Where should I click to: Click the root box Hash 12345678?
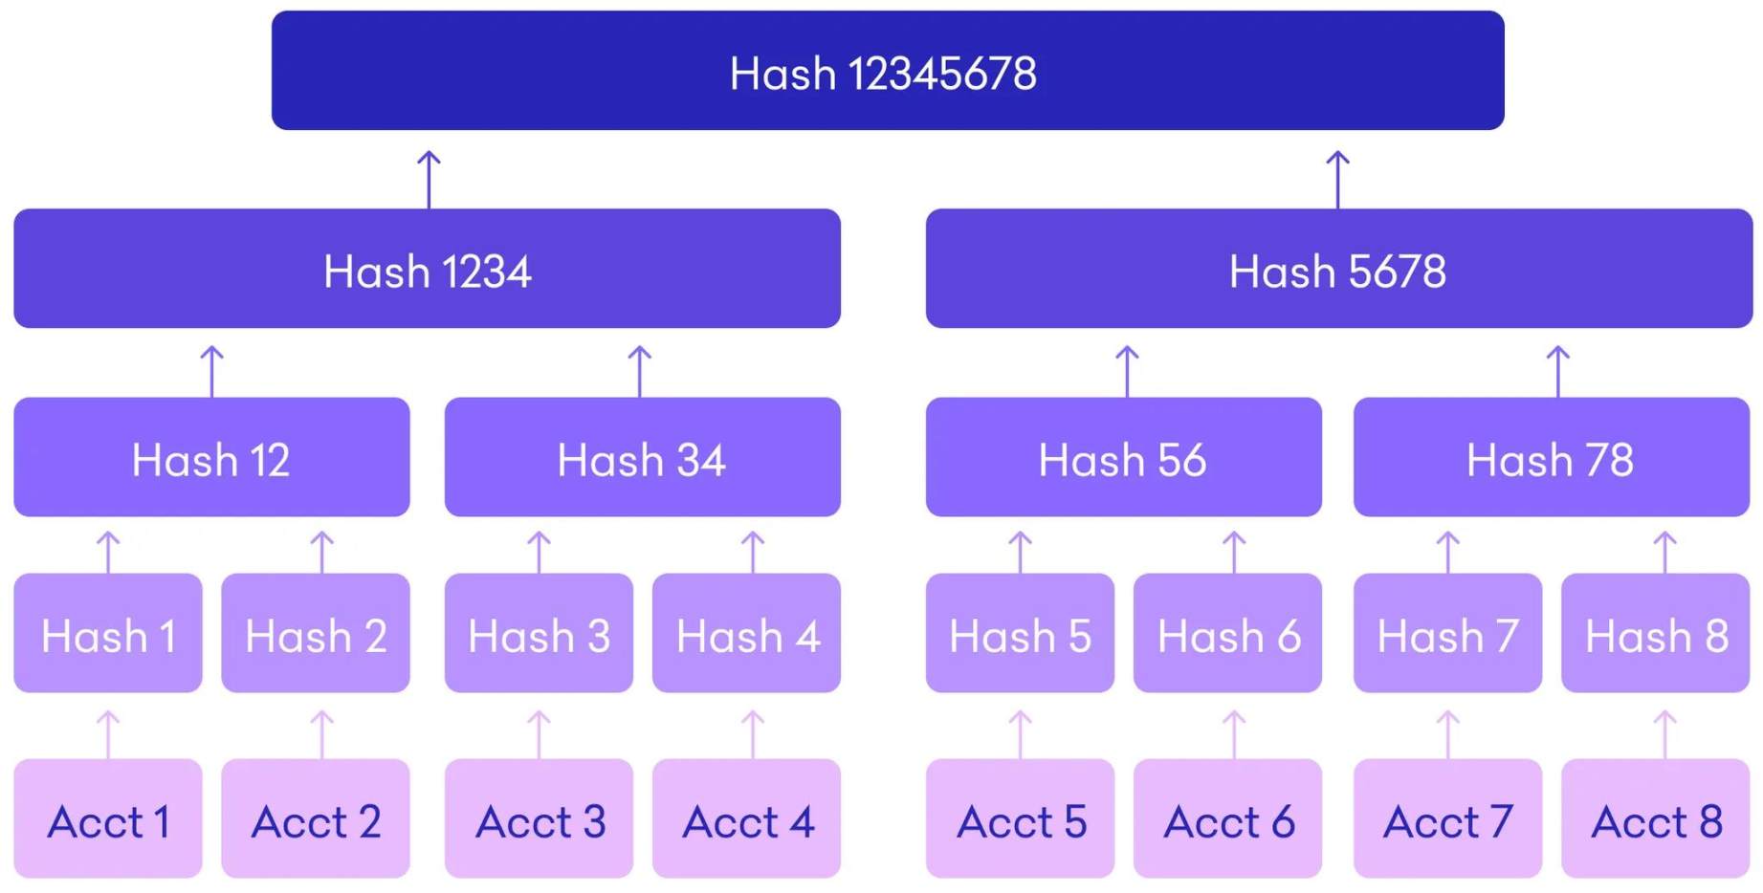click(x=887, y=71)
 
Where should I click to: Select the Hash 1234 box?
click(x=427, y=269)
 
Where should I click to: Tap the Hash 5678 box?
click(x=1338, y=269)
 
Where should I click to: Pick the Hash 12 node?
click(x=211, y=457)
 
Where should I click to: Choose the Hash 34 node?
click(x=642, y=457)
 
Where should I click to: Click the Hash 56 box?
click(x=1123, y=457)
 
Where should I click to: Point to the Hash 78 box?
click(x=1551, y=457)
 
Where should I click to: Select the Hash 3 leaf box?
click(x=539, y=633)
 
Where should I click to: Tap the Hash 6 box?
click(x=1227, y=633)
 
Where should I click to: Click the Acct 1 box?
click(x=108, y=818)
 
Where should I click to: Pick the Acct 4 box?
click(x=746, y=818)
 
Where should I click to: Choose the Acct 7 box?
click(x=1447, y=818)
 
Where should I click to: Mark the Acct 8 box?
click(x=1655, y=818)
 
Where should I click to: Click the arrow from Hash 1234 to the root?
click(x=430, y=179)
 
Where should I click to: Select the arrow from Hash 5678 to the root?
click(x=1338, y=179)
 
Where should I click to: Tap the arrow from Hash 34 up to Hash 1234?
click(x=640, y=371)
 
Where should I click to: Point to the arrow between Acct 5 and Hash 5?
click(x=1021, y=734)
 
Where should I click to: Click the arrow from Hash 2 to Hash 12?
click(x=322, y=552)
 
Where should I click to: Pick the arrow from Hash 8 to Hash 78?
click(x=1665, y=552)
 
